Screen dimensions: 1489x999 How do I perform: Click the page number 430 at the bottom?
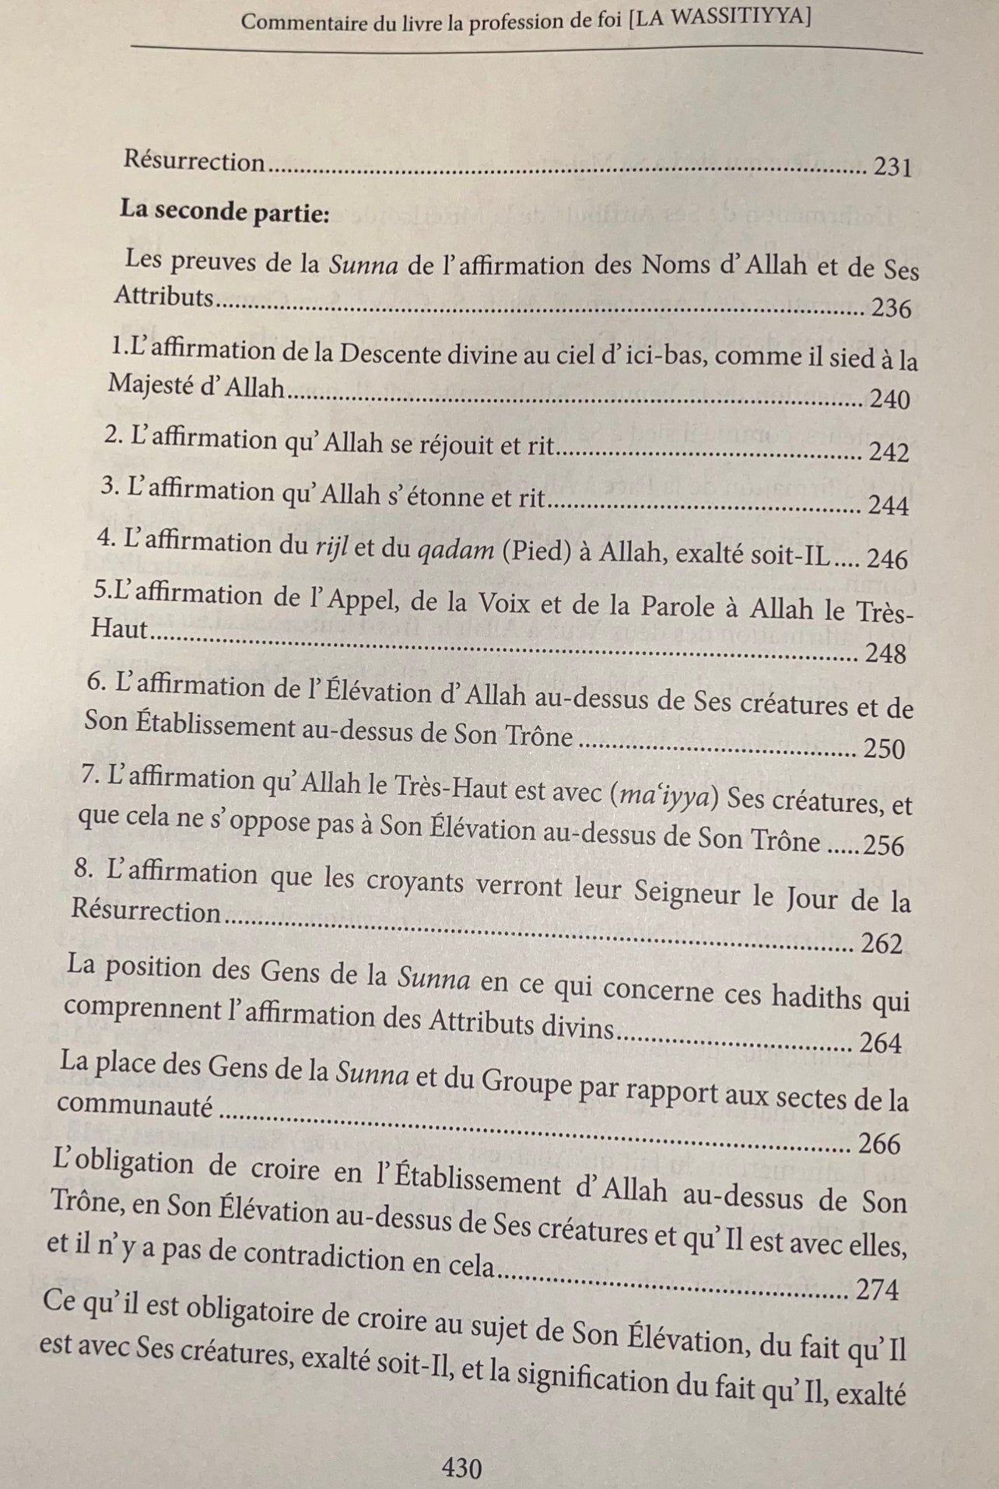tap(462, 1467)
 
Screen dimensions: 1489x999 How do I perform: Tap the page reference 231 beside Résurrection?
tap(892, 167)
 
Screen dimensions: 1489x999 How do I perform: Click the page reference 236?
tap(891, 309)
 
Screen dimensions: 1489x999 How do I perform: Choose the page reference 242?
tap(889, 453)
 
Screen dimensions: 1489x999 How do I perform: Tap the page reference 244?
tap(889, 506)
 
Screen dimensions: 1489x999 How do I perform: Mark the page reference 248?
tap(886, 654)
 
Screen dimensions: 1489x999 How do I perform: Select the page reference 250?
tap(885, 750)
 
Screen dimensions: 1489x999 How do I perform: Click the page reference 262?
tap(882, 944)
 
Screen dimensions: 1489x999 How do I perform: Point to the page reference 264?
tap(881, 1043)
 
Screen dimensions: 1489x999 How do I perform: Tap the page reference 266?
tap(879, 1144)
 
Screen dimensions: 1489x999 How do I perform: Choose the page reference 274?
tap(877, 1291)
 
